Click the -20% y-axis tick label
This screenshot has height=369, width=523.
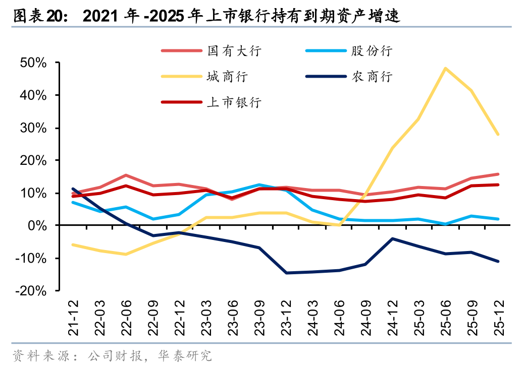[31, 291]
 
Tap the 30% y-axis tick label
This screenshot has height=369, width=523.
[33, 128]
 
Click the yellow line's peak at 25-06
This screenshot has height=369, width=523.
[445, 68]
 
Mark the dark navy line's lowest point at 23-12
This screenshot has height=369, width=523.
[286, 273]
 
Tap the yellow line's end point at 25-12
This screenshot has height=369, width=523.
[498, 135]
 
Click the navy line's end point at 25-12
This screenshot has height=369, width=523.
[498, 261]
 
